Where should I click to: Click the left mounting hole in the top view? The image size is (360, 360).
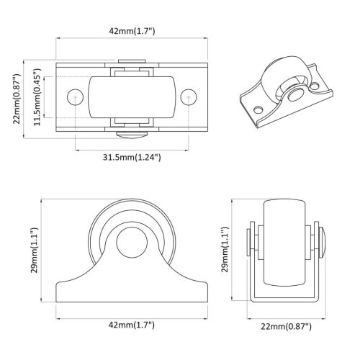click(74, 96)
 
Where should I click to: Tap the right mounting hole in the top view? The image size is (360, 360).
click(188, 96)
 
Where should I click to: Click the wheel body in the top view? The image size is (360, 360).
click(130, 97)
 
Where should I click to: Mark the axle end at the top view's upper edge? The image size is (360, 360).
click(130, 63)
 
